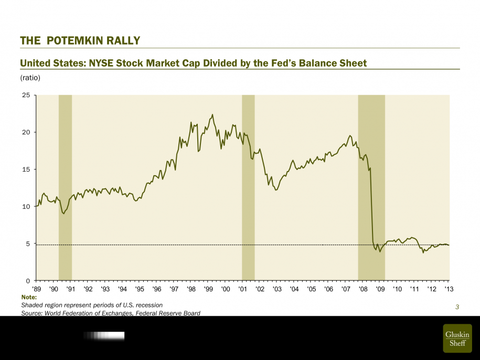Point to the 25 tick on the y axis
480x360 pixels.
26,95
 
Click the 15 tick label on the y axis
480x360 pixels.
26,170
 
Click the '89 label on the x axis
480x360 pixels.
36,289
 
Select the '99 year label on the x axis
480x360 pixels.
208,289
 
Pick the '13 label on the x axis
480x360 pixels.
449,289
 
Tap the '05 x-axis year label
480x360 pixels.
311,289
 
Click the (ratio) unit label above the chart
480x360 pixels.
30,78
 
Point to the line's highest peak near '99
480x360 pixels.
212,114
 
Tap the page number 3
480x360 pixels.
457,307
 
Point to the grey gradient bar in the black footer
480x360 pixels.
104,335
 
